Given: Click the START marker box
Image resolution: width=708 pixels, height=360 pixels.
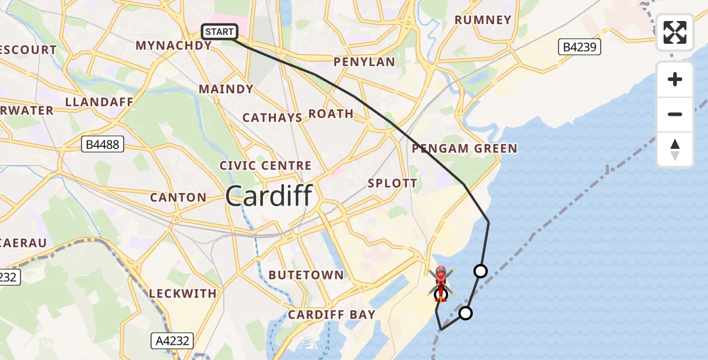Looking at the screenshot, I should coord(220,31).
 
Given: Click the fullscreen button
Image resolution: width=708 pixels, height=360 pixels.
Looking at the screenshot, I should coord(675,32).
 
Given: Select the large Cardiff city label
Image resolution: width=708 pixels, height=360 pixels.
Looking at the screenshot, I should coord(269,196).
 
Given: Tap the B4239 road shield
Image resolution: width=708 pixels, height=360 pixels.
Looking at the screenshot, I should coord(580,47).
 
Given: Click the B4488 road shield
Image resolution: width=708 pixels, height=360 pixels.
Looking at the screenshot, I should coord(103,144).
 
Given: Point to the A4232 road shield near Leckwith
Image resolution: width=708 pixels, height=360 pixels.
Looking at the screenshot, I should coord(171,341).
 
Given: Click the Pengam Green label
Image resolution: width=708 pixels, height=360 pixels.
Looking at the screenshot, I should coord(464,148).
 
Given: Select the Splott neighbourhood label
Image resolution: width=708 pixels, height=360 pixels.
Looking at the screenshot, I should coord(392,183).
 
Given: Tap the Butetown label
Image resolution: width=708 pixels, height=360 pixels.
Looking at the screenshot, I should coord(306,275).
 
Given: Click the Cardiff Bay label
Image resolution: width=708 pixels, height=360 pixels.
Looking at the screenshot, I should coord(332,314).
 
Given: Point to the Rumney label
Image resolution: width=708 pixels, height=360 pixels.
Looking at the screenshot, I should coord(483,20).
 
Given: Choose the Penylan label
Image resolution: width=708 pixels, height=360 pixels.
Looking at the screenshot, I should coord(364,62).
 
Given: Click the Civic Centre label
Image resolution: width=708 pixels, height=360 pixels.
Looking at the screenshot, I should coord(265,166).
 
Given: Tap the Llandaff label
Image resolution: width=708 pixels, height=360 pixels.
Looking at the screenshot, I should coord(99,101).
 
